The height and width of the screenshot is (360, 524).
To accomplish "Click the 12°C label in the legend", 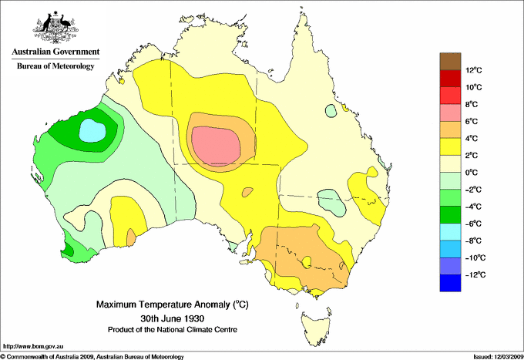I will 472,70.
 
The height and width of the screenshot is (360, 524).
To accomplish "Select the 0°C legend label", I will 472,172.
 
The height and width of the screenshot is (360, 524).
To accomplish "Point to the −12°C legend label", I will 472,274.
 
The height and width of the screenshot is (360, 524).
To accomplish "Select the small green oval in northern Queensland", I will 331,111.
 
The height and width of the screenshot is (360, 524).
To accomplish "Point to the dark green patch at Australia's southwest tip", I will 69,249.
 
